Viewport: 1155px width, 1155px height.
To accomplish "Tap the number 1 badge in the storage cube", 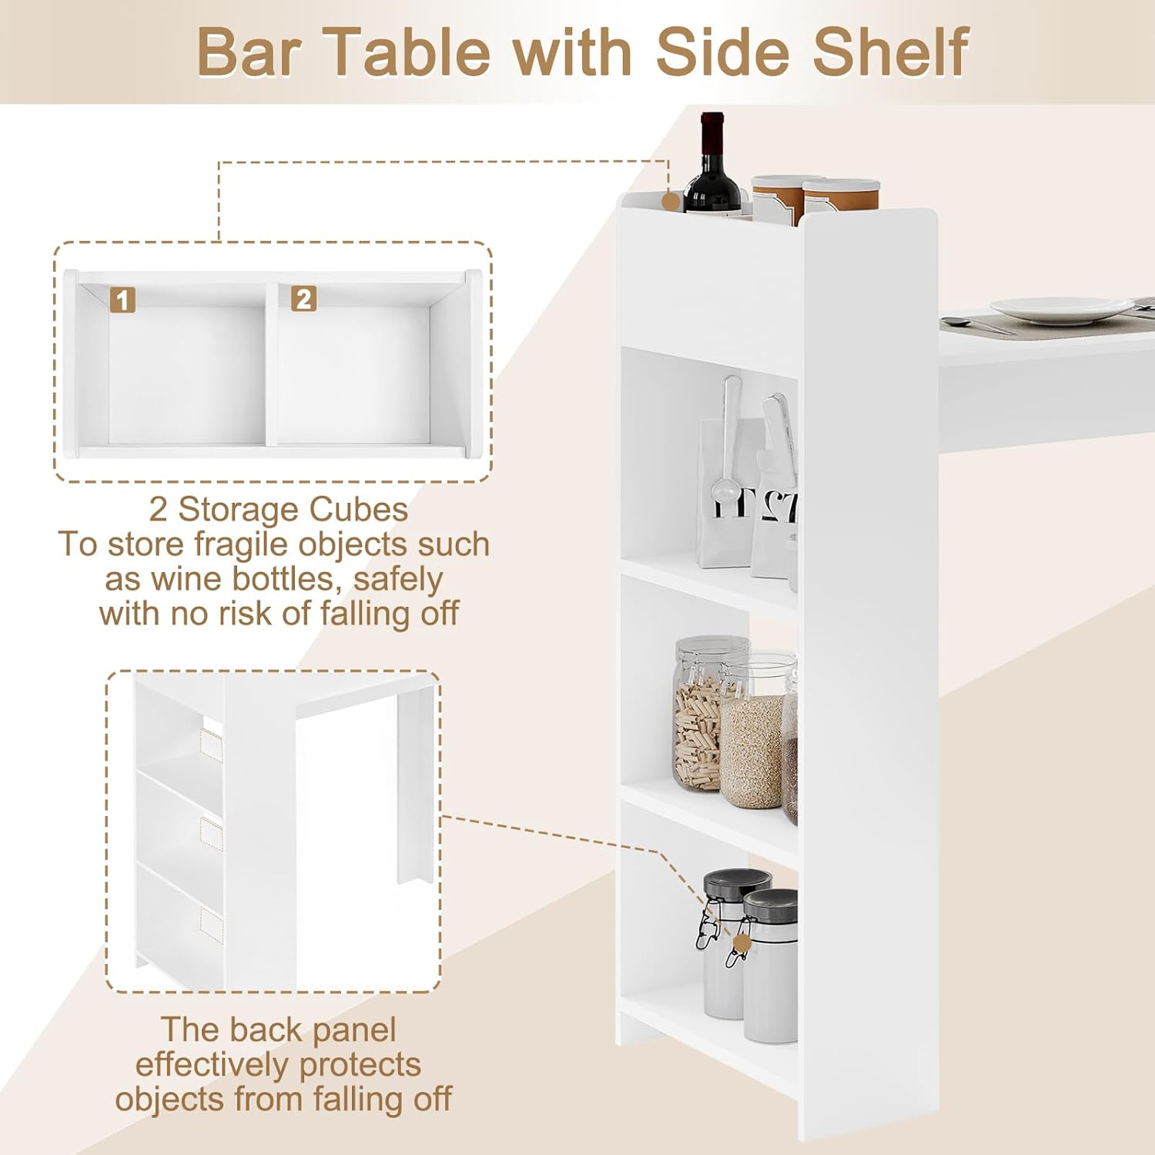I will [x=122, y=300].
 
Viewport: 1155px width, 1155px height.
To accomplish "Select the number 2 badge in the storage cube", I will [x=303, y=299].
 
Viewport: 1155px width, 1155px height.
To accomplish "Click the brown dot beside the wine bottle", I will [x=671, y=202].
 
